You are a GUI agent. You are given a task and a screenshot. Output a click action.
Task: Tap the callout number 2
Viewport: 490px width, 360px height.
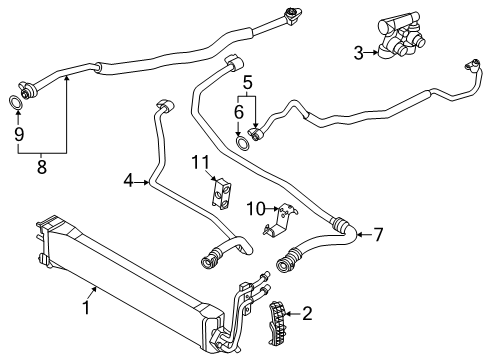point(306,314)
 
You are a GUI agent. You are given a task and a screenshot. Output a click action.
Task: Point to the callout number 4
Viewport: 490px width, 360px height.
point(129,181)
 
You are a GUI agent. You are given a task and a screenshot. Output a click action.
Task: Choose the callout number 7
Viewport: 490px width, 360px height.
point(378,235)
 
